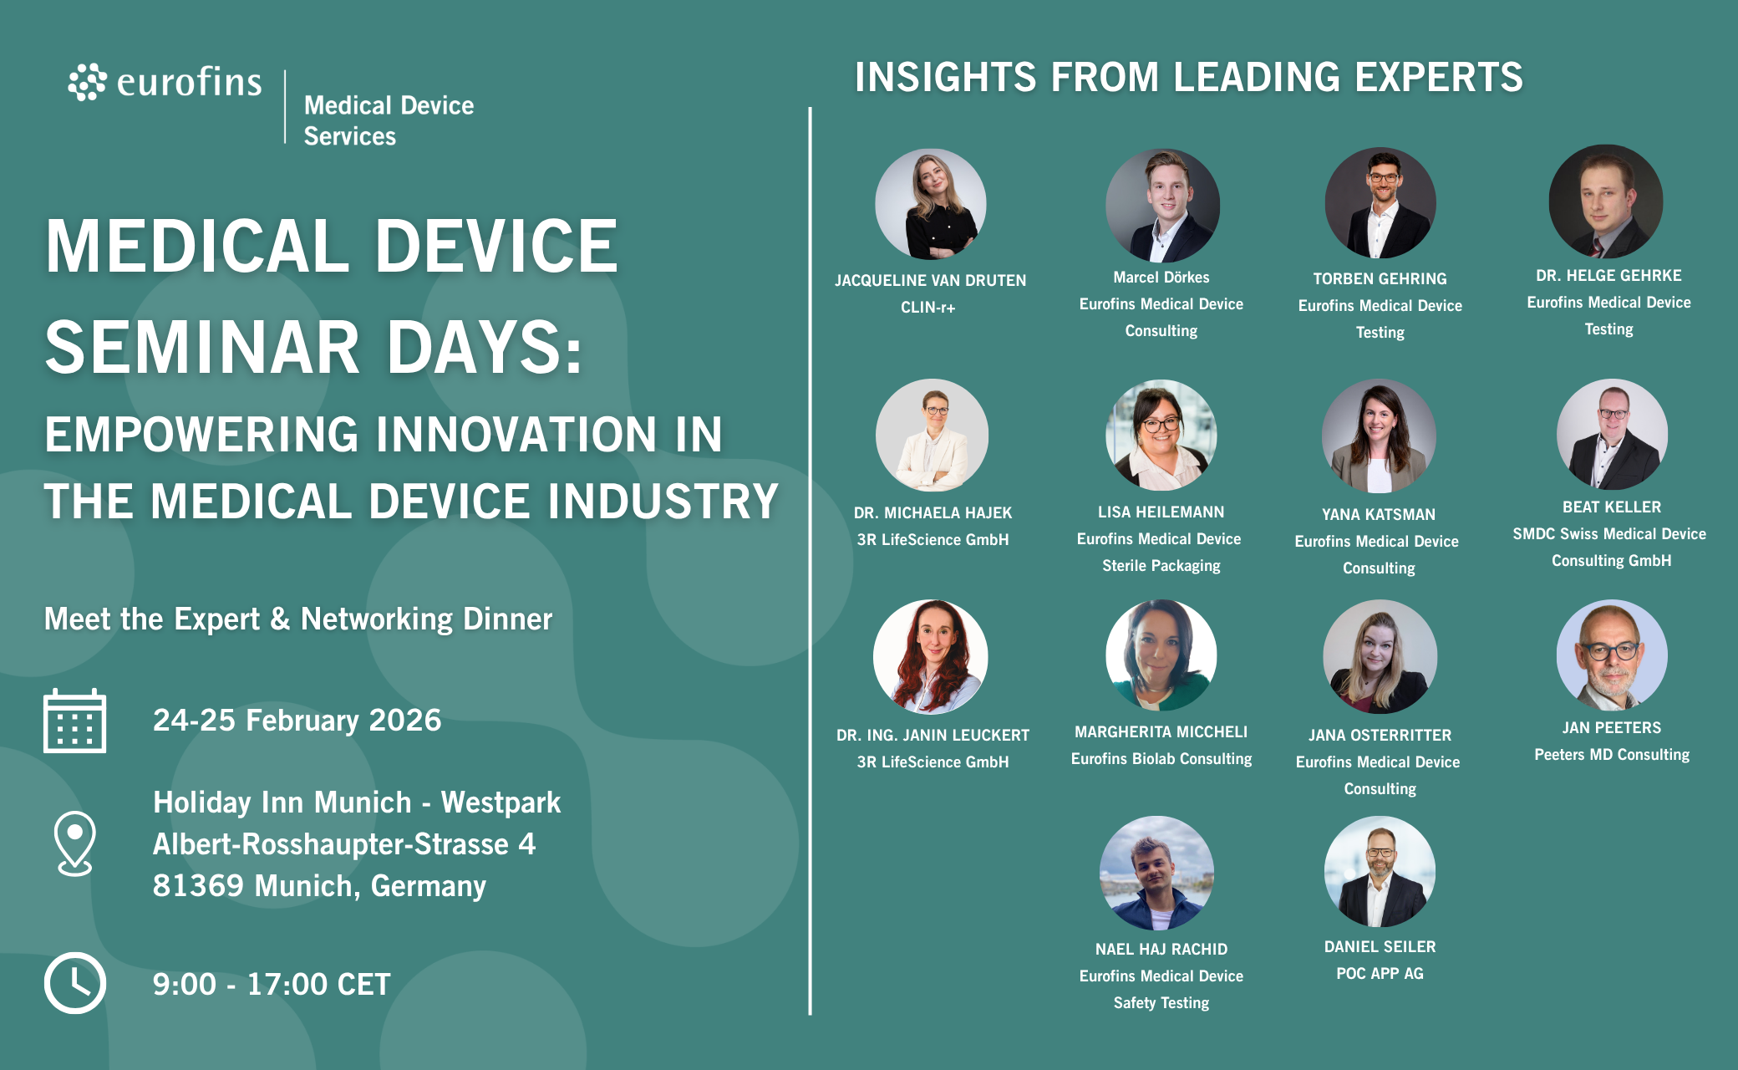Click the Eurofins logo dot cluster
[x=87, y=82]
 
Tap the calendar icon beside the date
[x=74, y=721]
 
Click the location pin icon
[x=74, y=843]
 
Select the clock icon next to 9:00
[x=74, y=983]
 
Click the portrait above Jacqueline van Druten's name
[x=930, y=204]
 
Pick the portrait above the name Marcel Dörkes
[x=1161, y=205]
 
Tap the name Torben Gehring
[x=1380, y=279]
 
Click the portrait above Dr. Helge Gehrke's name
[x=1605, y=201]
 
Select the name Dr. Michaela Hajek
[x=933, y=513]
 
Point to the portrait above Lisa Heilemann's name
[x=1161, y=435]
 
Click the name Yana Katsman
[x=1379, y=515]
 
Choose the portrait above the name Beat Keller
[x=1612, y=435]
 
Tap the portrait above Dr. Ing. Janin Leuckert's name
[x=930, y=656]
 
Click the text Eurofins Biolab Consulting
[x=1161, y=759]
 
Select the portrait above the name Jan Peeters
[x=1612, y=655]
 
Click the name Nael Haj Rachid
[x=1161, y=950]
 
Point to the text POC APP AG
[x=1380, y=974]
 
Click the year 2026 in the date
[x=404, y=721]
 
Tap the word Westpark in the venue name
[x=501, y=802]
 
